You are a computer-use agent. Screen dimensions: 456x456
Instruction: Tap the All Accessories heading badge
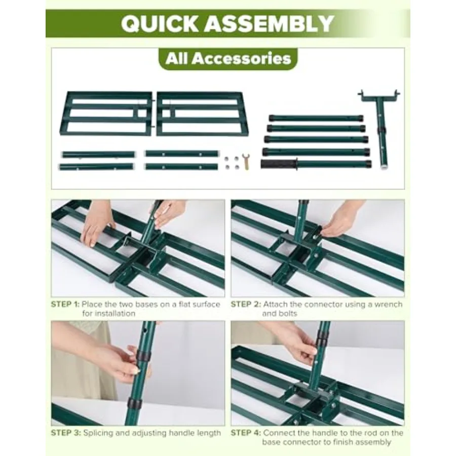229,58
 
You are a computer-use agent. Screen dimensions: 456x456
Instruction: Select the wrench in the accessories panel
247,162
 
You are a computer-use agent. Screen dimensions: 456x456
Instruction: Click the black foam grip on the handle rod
279,164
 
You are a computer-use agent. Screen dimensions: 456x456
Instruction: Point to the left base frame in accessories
106,113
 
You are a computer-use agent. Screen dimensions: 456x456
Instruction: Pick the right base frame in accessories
202,113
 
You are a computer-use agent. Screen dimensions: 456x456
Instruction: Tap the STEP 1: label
65,305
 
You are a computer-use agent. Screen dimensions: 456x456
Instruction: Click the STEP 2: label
246,305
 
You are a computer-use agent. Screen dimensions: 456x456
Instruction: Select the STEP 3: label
66,433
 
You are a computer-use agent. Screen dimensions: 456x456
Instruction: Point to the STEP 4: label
246,433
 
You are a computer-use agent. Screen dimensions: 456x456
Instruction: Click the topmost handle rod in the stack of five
316,119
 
